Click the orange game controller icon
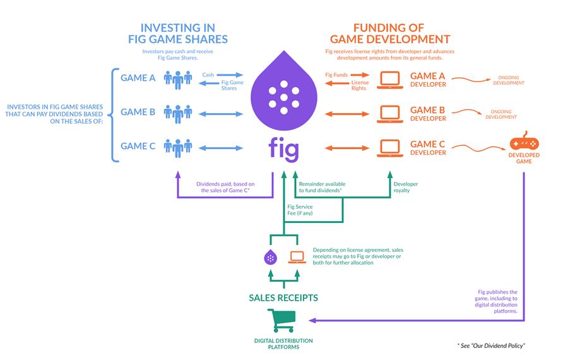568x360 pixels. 523,145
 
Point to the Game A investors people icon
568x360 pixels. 177,79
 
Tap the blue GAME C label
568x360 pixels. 138,146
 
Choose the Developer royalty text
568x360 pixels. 406,188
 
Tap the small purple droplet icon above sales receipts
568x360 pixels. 269,257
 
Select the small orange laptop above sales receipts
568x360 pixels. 297,257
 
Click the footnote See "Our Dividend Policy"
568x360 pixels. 492,345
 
